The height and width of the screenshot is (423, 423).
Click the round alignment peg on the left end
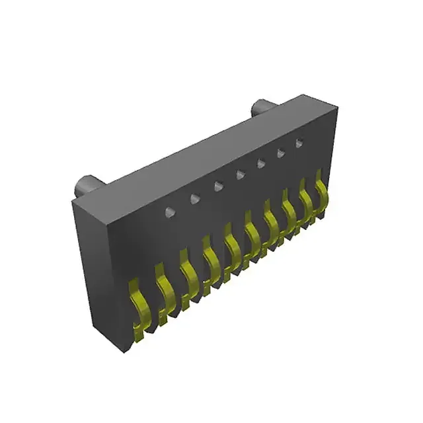87,184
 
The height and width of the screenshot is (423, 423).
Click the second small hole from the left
194,198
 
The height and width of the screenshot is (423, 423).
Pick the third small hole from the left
217,186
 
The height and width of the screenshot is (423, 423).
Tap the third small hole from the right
261,163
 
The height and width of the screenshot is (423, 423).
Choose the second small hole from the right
280,153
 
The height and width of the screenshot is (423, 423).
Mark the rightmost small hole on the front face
299,142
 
